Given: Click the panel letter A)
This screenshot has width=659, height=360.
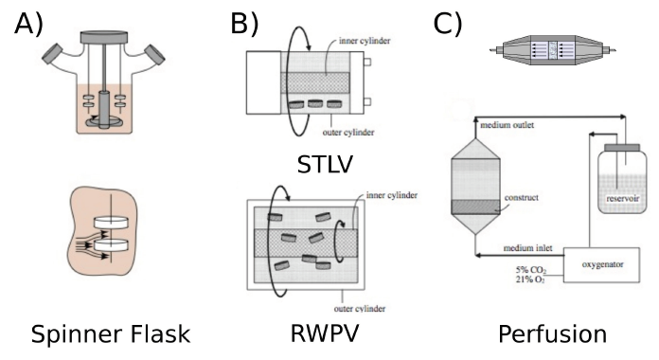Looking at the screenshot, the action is [29, 24].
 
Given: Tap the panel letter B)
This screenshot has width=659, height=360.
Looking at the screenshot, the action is [244, 24].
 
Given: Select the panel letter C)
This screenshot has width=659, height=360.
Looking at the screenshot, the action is [448, 24].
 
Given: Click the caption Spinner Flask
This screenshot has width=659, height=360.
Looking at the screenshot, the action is [111, 334].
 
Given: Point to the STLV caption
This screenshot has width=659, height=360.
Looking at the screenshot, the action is [325, 165].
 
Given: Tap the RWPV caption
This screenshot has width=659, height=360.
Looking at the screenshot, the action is [325, 333].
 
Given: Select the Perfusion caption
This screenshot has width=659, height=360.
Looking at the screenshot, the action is [552, 334].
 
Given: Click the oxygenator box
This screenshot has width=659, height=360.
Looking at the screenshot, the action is [602, 265].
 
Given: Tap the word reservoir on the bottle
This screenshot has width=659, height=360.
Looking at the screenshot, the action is [622, 199].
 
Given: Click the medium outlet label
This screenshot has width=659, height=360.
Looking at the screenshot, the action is [507, 125].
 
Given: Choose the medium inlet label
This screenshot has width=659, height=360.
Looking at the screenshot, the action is [528, 248].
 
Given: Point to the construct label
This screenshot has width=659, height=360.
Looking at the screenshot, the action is [521, 198].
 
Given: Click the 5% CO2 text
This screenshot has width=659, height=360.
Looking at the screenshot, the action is [531, 270].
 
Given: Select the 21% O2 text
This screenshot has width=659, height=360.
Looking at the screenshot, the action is [530, 279].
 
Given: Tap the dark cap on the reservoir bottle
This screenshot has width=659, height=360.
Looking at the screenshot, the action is [622, 148].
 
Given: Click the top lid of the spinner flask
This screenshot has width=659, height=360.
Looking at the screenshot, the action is [104, 38].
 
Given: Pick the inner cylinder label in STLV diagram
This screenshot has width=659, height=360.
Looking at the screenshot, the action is [365, 41].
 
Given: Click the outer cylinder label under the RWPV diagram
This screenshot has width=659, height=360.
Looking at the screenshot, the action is [360, 309].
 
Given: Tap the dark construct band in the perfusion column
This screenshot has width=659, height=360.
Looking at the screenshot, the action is [475, 207].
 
